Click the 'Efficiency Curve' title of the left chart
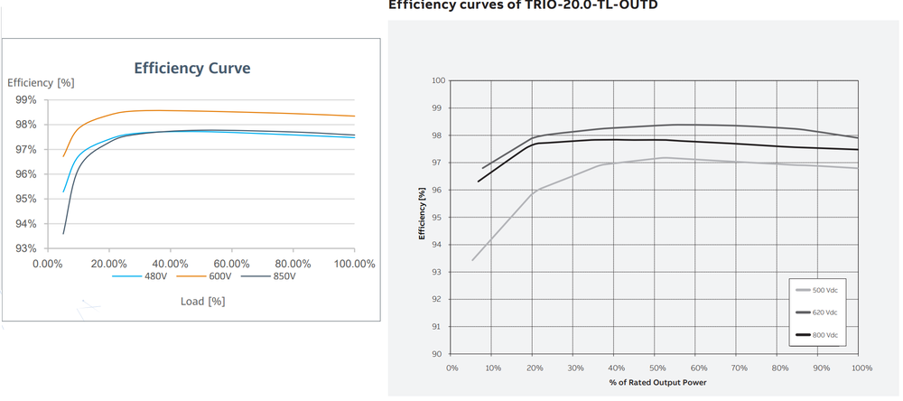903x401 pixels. tap(191, 68)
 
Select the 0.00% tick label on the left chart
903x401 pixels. tap(51, 264)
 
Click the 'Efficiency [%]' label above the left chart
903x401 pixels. tap(40, 82)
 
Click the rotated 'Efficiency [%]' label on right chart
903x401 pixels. tap(422, 218)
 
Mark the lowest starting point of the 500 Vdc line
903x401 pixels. tap(472, 260)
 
